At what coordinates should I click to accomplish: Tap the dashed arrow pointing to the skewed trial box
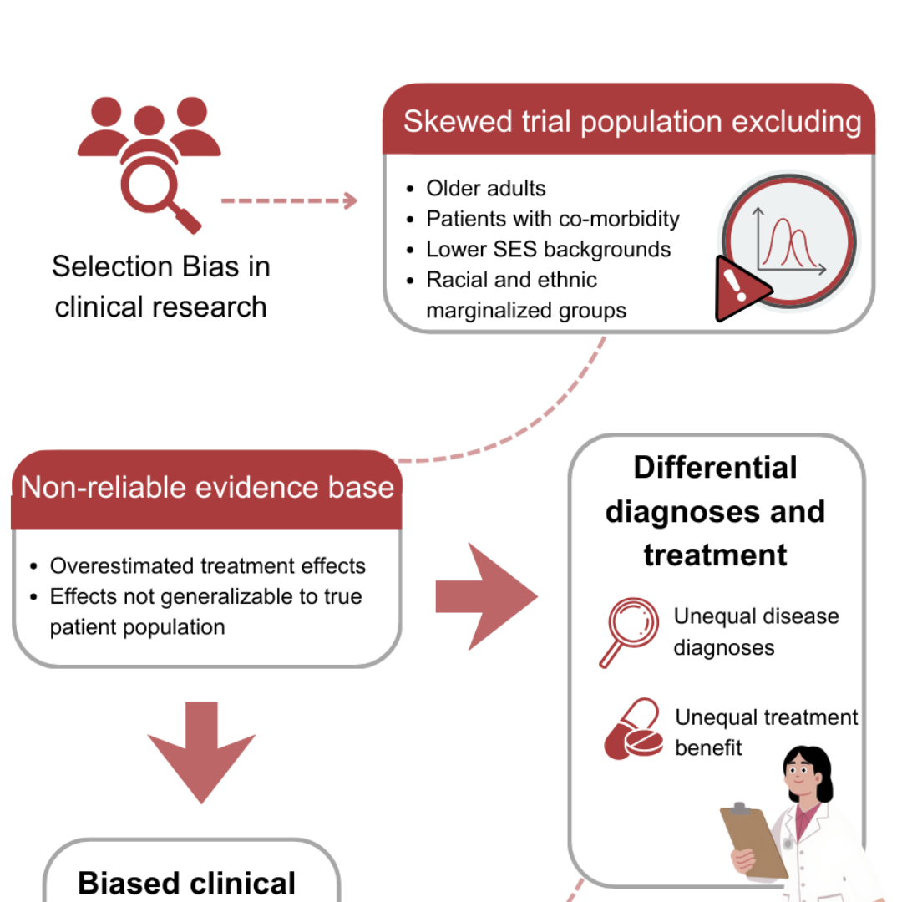pos(289,200)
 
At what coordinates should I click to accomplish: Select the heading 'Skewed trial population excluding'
pos(631,122)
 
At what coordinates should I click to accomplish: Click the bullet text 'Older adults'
pos(485,189)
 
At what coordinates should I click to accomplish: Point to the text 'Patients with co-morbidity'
pos(552,219)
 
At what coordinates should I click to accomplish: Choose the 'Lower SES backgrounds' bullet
pos(548,249)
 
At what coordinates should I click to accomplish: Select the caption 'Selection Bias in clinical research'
pos(161,286)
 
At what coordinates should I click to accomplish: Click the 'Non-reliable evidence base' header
pos(207,488)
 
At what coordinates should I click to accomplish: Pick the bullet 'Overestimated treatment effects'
pos(207,566)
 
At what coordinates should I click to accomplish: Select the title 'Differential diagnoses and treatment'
pos(716,511)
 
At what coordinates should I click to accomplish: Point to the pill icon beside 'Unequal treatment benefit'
pos(632,730)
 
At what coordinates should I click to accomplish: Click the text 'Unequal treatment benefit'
pos(765,732)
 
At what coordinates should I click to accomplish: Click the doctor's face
pos(803,781)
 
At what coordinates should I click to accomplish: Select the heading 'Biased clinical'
pos(187,883)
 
